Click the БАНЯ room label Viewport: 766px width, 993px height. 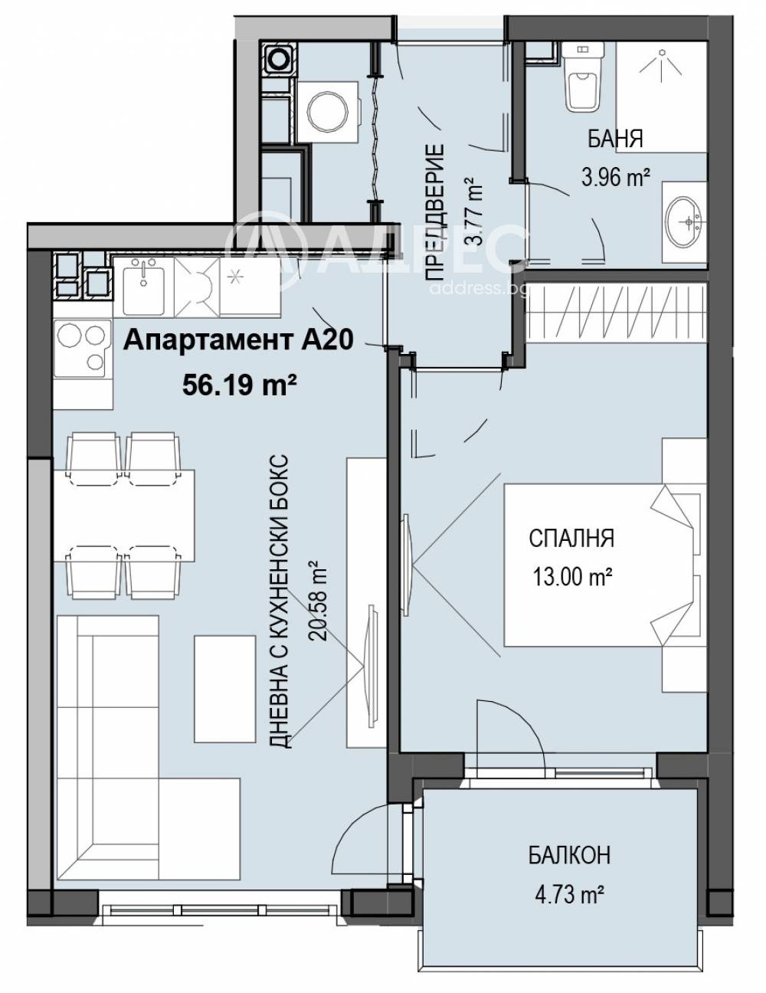(x=615, y=139)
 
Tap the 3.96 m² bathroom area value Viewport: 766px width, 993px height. (x=616, y=177)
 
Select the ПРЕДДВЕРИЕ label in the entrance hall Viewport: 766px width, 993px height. (x=435, y=212)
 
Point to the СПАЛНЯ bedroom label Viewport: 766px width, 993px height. (x=571, y=539)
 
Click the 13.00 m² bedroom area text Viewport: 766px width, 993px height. (x=571, y=576)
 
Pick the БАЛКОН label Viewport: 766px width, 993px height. (x=569, y=855)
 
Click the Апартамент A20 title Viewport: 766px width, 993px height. (x=238, y=340)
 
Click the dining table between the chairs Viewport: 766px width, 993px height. (x=124, y=516)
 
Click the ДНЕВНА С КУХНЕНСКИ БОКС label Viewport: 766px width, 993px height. (x=280, y=601)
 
